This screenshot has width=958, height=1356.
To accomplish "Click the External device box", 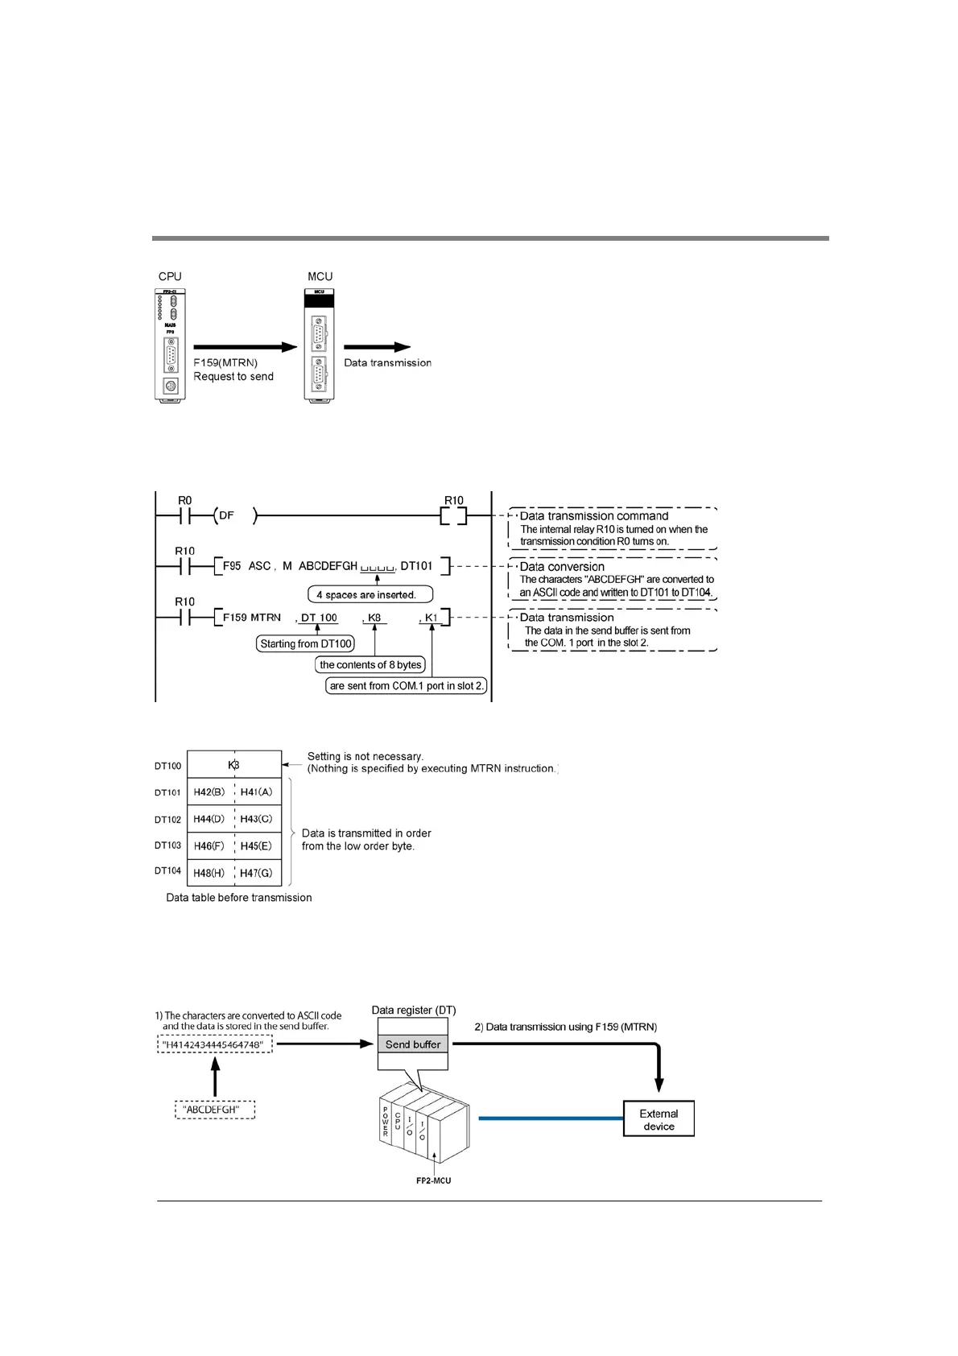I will click(659, 1119).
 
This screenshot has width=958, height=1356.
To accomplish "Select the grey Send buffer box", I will click(413, 1044).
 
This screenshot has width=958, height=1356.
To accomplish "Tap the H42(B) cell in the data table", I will click(209, 792).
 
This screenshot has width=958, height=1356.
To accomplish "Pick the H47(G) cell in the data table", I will click(257, 873).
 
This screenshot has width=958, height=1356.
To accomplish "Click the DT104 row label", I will click(168, 871).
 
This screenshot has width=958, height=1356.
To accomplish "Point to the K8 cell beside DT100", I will click(233, 765).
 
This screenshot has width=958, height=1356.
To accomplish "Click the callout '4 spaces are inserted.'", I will click(370, 595).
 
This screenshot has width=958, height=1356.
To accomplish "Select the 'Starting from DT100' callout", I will click(306, 643).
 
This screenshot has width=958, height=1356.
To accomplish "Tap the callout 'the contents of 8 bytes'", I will click(370, 665).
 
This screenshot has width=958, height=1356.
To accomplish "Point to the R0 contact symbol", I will click(184, 515).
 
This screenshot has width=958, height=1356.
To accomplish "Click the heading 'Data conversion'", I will click(562, 566).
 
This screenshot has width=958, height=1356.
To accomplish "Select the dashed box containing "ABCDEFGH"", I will click(215, 1110).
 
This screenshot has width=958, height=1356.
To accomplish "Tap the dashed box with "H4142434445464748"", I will click(214, 1044).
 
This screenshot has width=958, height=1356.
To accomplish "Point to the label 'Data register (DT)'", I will click(414, 1010).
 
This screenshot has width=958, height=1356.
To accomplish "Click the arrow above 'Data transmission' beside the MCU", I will click(378, 347).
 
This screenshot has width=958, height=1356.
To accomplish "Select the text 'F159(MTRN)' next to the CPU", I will click(225, 362).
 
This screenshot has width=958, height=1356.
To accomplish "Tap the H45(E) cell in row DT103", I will click(257, 846).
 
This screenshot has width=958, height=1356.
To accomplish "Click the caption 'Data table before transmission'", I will click(239, 897).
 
